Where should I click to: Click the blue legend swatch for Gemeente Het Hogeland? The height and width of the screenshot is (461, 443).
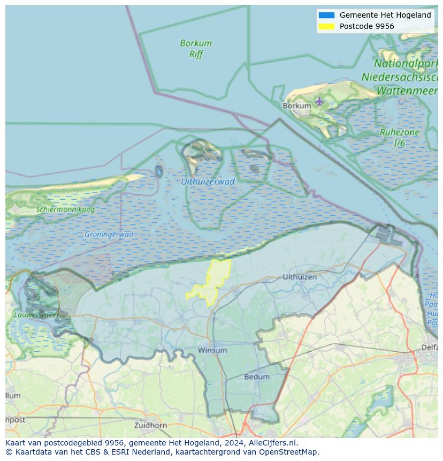click(326, 15)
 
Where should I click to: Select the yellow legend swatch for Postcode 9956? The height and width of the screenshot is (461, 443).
click(326, 26)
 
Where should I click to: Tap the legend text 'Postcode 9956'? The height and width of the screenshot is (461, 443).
click(366, 26)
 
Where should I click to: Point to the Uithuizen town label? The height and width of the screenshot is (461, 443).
click(300, 277)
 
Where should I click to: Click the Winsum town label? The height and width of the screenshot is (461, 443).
click(212, 350)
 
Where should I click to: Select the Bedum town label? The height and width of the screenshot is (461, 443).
click(257, 377)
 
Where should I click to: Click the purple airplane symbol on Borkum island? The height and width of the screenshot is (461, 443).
click(319, 101)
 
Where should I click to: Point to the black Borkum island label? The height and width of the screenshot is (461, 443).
click(296, 106)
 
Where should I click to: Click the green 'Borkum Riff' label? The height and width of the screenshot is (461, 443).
click(196, 48)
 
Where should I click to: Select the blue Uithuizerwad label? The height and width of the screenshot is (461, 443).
click(208, 182)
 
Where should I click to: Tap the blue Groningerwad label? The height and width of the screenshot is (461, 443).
click(109, 235)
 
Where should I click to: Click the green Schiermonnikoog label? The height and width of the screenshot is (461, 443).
click(65, 209)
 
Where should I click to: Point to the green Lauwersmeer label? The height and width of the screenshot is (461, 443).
click(36, 315)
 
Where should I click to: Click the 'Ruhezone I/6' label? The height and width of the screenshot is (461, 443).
click(399, 138)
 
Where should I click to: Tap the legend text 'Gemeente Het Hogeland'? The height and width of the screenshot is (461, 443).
click(385, 15)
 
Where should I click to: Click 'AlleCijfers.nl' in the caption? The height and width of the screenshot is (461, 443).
click(273, 443)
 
